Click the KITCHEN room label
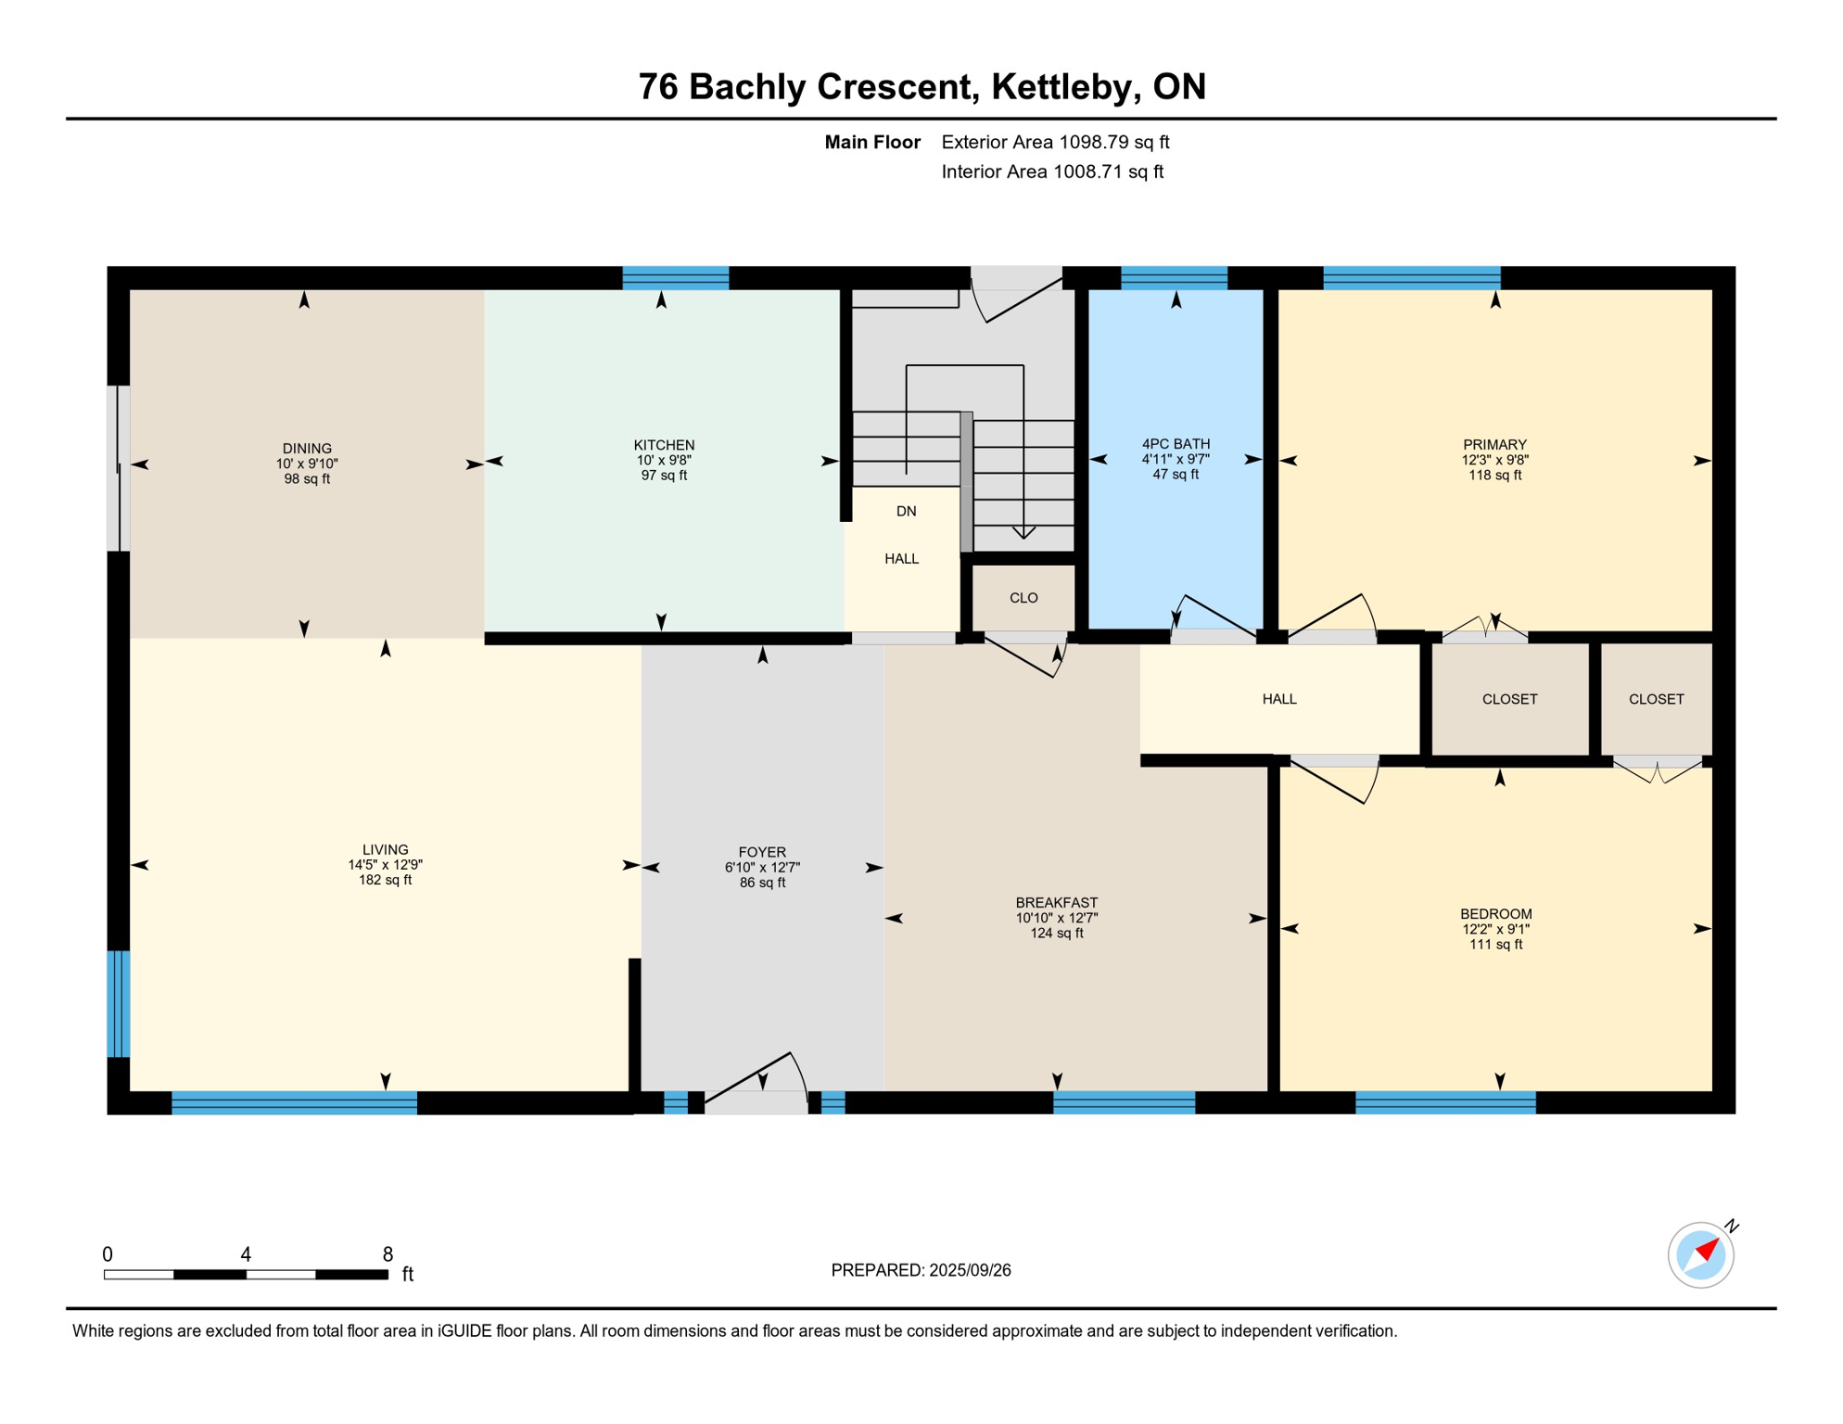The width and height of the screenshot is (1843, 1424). point(664,445)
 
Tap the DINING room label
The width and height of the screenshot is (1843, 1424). point(307,449)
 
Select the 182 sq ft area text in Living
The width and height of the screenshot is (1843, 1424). point(386,880)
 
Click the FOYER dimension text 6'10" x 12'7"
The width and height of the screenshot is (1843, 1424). point(762,868)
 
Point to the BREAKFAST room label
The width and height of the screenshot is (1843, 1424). point(1056,902)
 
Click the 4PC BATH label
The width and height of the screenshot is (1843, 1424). point(1176,444)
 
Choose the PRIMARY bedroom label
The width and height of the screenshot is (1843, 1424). point(1494,445)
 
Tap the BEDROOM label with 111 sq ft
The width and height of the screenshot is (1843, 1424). point(1495,914)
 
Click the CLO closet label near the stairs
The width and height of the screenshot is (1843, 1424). point(1023,598)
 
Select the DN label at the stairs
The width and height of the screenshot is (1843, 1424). point(906,511)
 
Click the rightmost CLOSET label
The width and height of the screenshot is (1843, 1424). point(1656,699)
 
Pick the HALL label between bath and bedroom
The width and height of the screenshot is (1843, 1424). point(1278,699)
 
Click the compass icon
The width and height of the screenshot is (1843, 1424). point(1700,1255)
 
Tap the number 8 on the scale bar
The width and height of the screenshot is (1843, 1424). point(388,1254)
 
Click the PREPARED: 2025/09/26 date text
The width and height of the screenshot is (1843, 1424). point(921,1270)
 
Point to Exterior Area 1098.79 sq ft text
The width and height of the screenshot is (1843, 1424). point(1055,142)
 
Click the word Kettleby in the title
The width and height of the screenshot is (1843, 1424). point(1066,87)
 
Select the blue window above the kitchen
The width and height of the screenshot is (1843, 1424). point(675,277)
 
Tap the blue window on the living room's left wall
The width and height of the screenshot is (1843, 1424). point(119,1003)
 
